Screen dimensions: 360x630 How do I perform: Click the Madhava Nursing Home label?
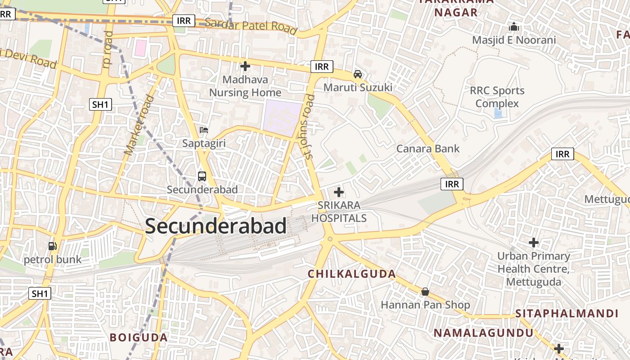245,86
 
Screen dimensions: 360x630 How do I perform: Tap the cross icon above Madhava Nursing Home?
245,67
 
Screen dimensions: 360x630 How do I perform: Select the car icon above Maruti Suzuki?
358,74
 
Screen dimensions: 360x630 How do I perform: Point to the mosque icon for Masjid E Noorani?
514,27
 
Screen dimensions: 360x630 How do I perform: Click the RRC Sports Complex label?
497,97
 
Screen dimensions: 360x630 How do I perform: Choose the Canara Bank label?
428,148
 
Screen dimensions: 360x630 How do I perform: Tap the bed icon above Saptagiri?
204,130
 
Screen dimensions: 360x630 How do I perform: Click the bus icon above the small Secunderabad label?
202,176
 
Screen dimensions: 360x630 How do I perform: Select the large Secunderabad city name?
216,226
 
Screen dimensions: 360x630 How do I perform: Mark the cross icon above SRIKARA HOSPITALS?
339,193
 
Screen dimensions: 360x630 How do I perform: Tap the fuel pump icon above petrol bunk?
53,246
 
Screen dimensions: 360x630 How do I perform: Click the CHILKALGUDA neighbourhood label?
352,274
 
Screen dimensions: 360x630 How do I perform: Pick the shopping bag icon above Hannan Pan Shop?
425,292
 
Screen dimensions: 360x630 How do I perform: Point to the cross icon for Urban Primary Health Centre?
534,243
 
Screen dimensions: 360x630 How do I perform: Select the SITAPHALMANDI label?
567,313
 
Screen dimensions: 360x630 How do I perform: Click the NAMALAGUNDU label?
483,333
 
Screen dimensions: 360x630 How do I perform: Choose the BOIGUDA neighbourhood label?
139,337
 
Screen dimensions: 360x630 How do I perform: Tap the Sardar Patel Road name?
251,26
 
